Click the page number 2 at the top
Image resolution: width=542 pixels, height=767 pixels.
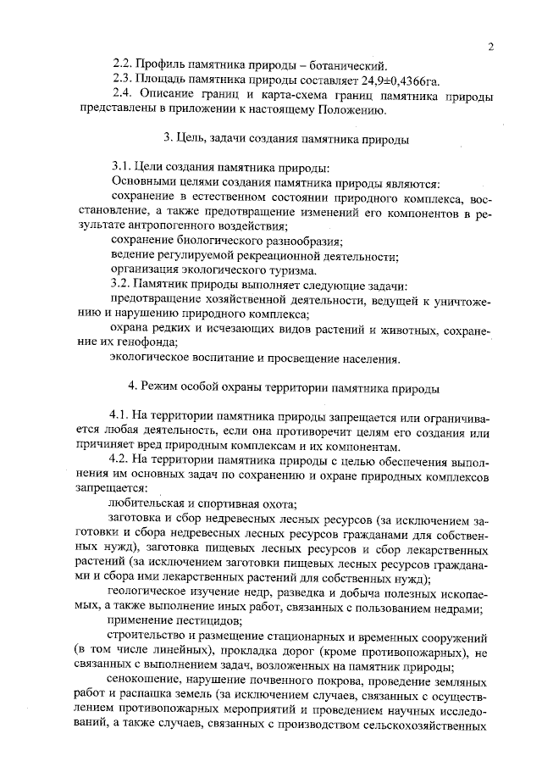[490, 47]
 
